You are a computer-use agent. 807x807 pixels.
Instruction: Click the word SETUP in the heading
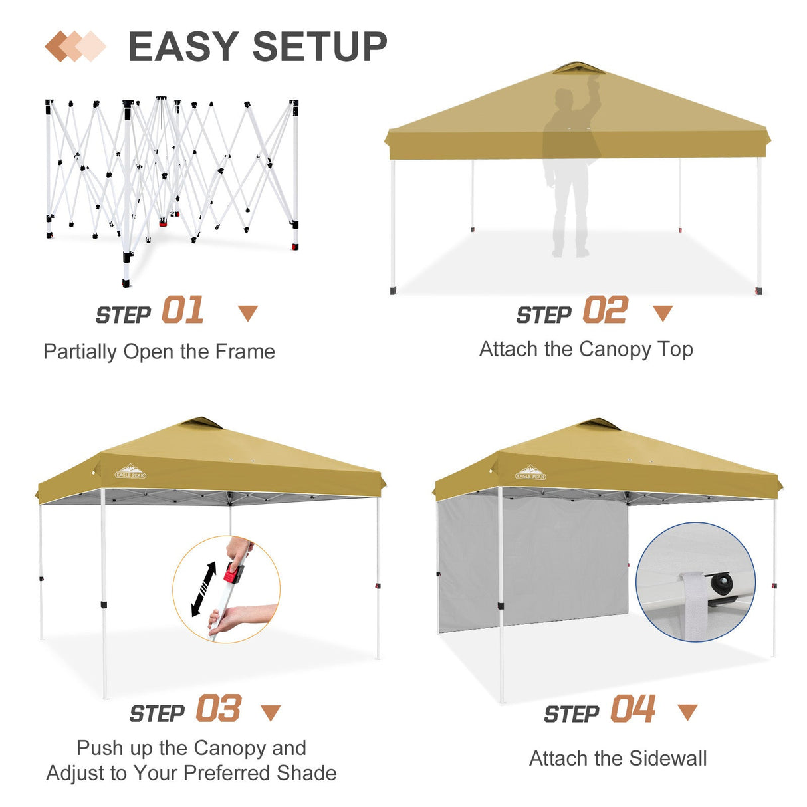tap(320, 47)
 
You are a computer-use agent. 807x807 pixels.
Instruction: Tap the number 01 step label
tap(183, 311)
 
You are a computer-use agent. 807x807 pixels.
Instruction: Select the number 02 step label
tap(605, 311)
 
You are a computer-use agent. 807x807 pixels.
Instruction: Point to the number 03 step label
tap(218, 709)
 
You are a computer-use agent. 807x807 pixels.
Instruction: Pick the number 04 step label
tap(633, 709)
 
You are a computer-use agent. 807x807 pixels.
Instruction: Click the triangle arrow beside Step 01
tap(248, 313)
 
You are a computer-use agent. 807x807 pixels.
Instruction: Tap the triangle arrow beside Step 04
tap(687, 712)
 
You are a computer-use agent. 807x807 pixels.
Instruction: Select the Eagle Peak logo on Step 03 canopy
tap(130, 472)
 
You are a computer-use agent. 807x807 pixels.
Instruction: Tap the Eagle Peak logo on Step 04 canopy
tap(530, 473)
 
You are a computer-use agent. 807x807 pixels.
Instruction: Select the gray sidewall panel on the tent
tap(532, 565)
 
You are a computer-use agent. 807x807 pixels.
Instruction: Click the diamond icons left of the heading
tap(75, 47)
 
